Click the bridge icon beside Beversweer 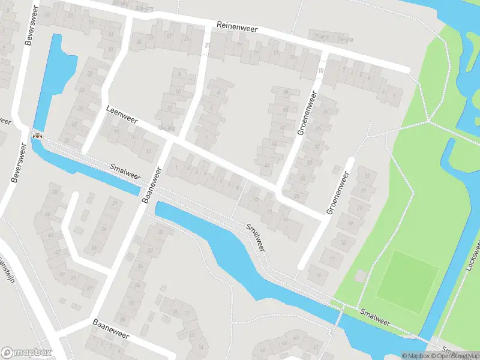pos(37,136)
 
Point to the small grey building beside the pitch pos(361,276)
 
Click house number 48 pos(55,193)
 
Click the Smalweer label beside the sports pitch pos(375,317)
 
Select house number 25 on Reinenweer pos(187,38)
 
